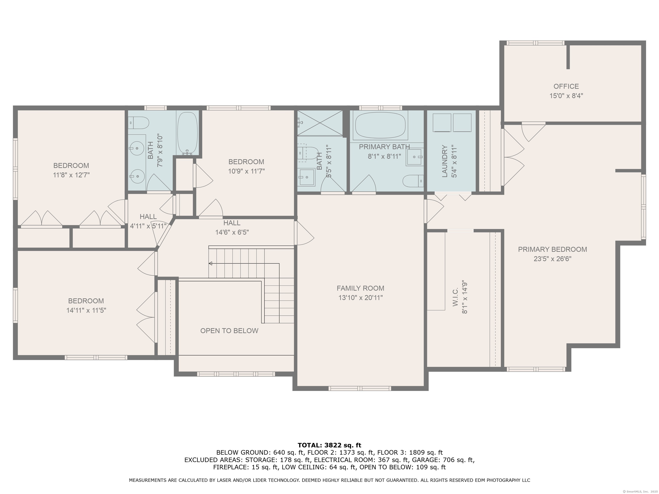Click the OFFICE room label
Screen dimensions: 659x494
(566, 86)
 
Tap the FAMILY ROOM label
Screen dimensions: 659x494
(360, 288)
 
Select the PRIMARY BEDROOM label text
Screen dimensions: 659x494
(552, 250)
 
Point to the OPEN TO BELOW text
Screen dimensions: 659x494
(229, 331)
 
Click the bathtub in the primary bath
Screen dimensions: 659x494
(380, 125)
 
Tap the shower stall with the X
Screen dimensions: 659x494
(320, 123)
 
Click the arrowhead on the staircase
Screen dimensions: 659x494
(210, 264)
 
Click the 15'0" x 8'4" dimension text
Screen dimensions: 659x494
(566, 96)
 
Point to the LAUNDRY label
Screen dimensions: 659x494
(445, 161)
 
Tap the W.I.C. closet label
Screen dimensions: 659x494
(455, 297)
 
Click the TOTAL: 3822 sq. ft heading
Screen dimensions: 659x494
(329, 445)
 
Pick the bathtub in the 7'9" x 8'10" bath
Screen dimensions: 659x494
(187, 133)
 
